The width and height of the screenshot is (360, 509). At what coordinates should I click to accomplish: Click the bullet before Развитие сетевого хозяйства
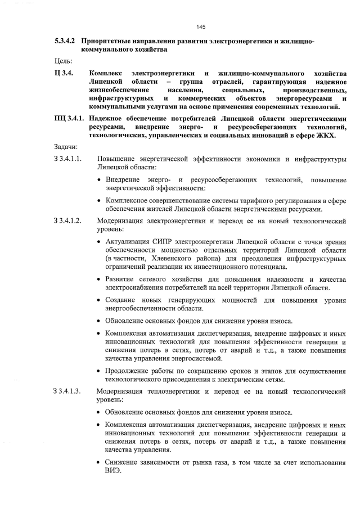(x=99, y=279)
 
